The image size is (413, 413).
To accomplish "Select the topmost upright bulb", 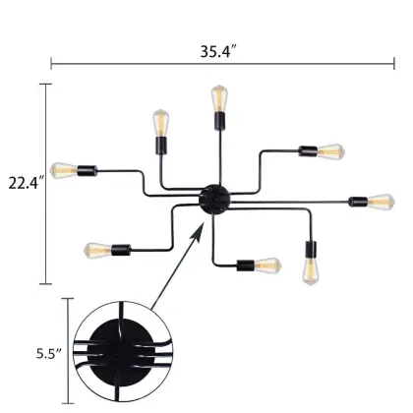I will [217, 101].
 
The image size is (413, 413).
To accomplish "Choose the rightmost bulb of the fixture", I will [379, 202].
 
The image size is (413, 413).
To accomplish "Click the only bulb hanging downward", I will [313, 267].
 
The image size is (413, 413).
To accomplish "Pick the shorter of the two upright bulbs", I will [160, 125].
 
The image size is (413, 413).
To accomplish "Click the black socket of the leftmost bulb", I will [86, 169].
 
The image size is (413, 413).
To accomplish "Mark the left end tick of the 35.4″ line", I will [51, 64].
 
